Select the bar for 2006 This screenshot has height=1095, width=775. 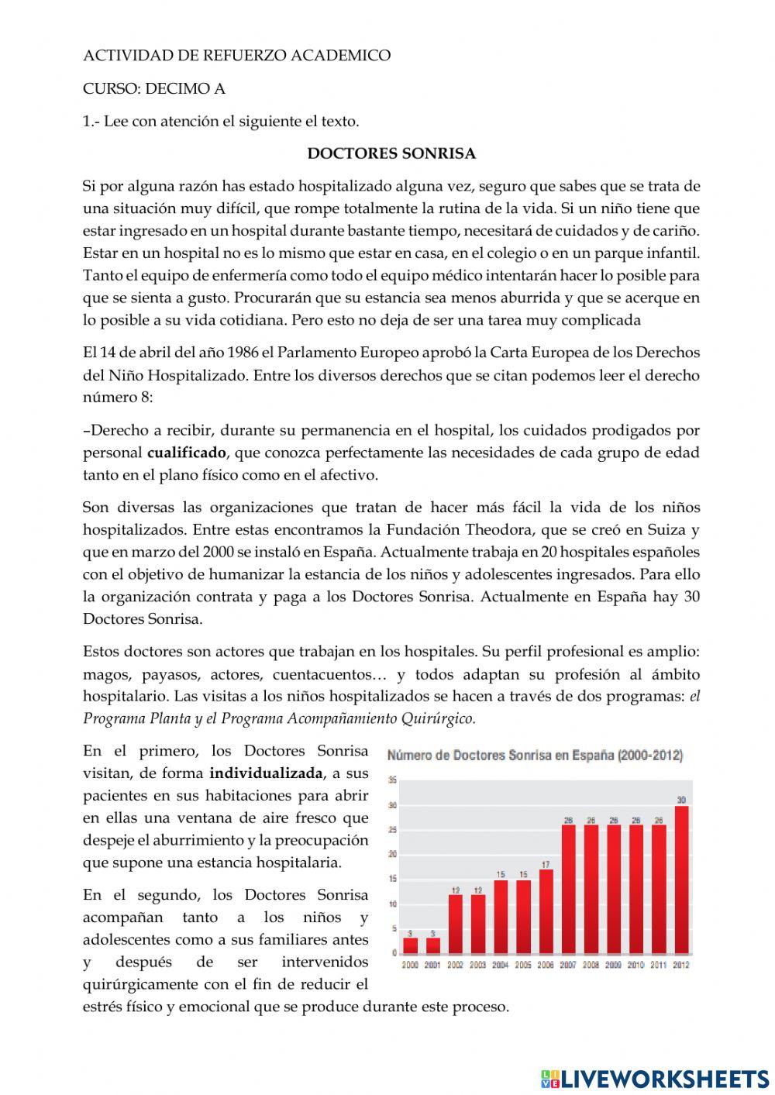pyautogui.click(x=546, y=911)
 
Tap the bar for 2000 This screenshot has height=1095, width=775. pyautogui.click(x=411, y=945)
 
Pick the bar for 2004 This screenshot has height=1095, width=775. pyautogui.click(x=501, y=916)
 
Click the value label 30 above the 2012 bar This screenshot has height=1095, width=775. pyautogui.click(x=681, y=800)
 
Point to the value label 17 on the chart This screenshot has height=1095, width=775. pyautogui.click(x=546, y=864)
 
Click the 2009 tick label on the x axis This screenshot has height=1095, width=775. pyautogui.click(x=614, y=965)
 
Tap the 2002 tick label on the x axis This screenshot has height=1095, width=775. pyautogui.click(x=456, y=965)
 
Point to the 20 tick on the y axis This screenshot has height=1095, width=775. pyautogui.click(x=393, y=854)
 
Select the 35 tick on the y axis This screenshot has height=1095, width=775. pyautogui.click(x=393, y=780)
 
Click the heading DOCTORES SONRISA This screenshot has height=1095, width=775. pyautogui.click(x=391, y=153)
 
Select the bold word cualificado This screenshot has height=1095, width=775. pyautogui.click(x=187, y=453)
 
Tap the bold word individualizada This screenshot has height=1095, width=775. pyautogui.click(x=266, y=773)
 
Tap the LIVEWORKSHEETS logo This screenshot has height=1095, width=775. pyautogui.click(x=655, y=1078)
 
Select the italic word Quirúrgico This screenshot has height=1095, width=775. pyautogui.click(x=439, y=718)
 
